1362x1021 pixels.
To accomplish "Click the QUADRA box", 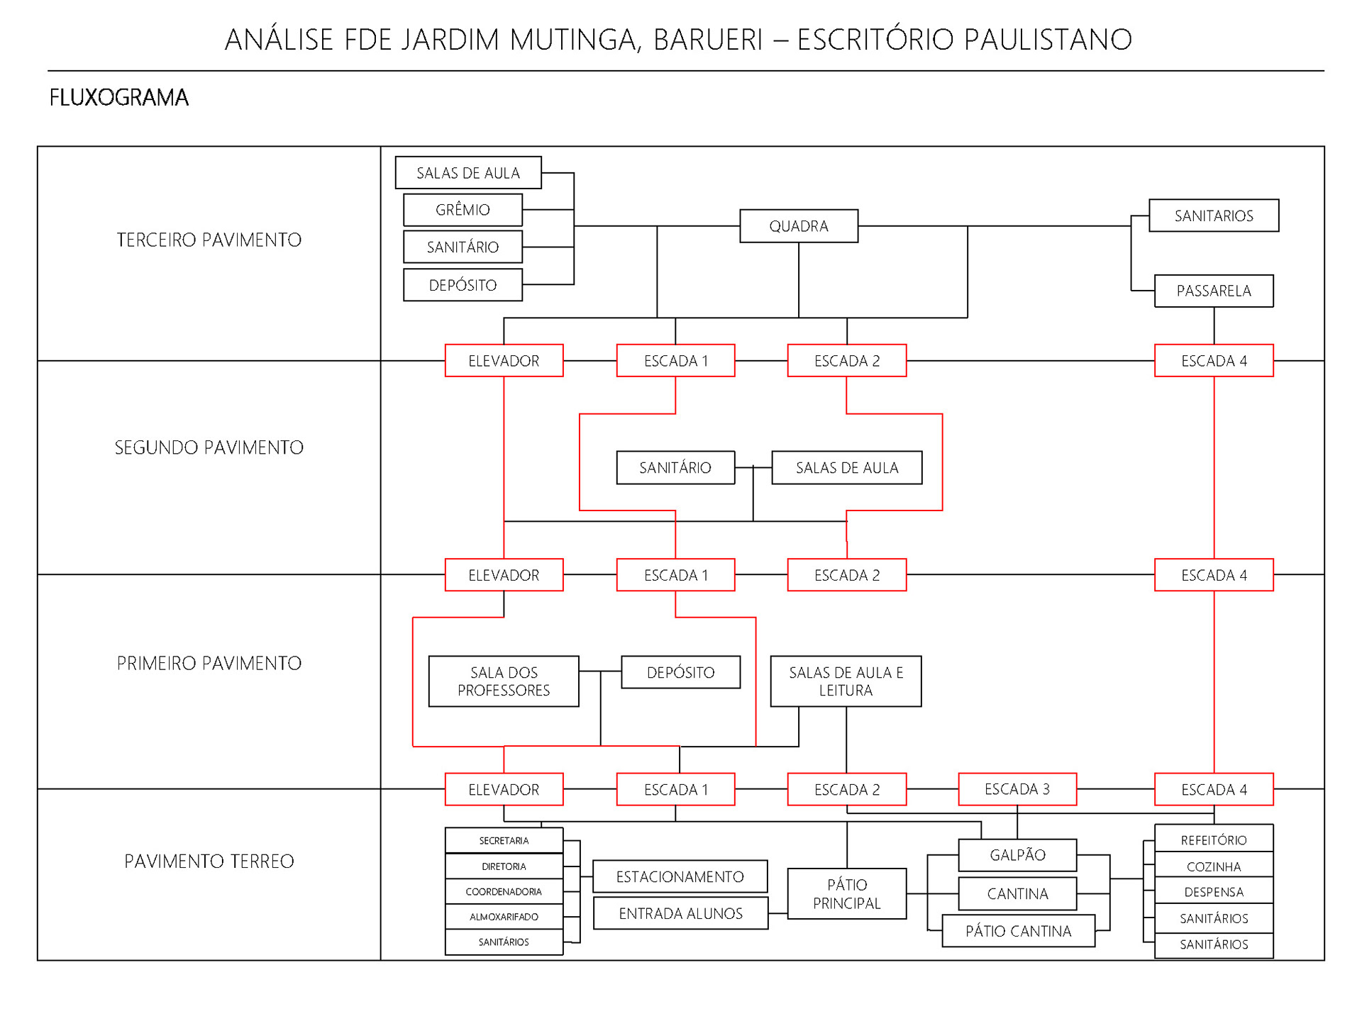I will pyautogui.click(x=798, y=226).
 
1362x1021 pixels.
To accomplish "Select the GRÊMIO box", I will pyautogui.click(x=463, y=210).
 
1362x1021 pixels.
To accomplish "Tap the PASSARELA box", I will pyautogui.click(x=1213, y=291).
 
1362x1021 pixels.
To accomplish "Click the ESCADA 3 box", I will pyautogui.click(x=1017, y=789).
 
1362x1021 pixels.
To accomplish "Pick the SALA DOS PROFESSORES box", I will pyautogui.click(x=504, y=681).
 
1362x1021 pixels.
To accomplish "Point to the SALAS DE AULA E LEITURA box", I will pyautogui.click(x=846, y=681).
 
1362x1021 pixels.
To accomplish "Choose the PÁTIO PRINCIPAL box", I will pyautogui.click(x=846, y=893).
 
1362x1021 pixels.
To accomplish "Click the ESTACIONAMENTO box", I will pyautogui.click(x=680, y=876).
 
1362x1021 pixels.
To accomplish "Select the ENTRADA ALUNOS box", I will pyautogui.click(x=680, y=913).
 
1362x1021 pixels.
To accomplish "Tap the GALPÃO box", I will pyautogui.click(x=1017, y=855).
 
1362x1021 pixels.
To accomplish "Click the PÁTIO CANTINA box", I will pyautogui.click(x=1018, y=931).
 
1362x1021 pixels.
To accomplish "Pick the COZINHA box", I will pyautogui.click(x=1213, y=866).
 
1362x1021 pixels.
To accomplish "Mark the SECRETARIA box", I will pyautogui.click(x=504, y=840).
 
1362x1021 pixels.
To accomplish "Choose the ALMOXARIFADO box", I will pyautogui.click(x=504, y=917).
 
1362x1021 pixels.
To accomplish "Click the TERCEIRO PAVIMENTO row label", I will pyautogui.click(x=209, y=240).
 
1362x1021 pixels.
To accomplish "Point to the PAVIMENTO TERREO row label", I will pyautogui.click(x=209, y=861).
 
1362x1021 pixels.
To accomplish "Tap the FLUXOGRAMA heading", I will pyautogui.click(x=118, y=97).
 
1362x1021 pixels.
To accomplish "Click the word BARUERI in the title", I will pyautogui.click(x=707, y=40).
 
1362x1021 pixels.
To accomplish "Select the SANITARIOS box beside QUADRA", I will pyautogui.click(x=1213, y=216).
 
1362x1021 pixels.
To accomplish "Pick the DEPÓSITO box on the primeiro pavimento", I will pyautogui.click(x=680, y=672).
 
